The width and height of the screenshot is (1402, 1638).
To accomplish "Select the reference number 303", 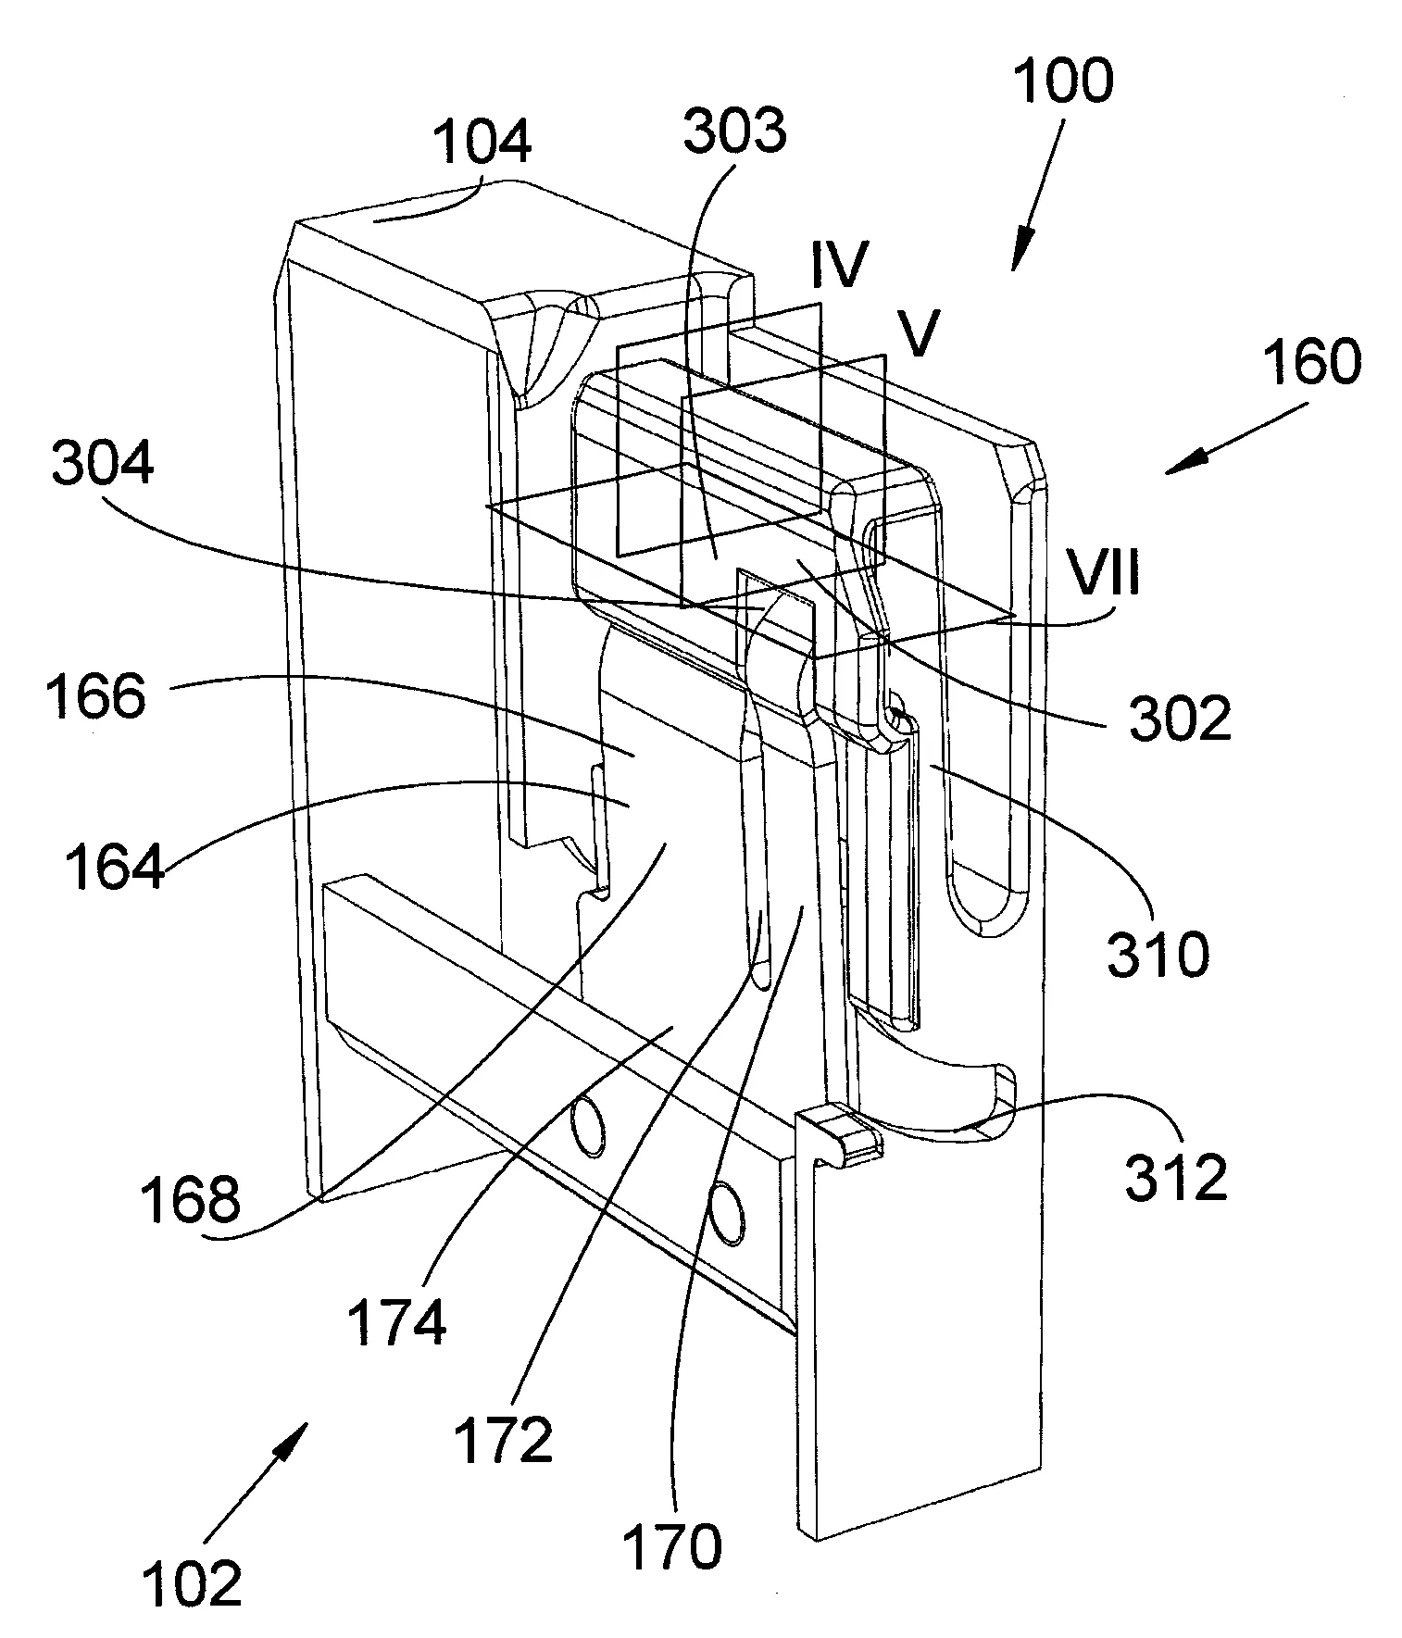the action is (735, 131).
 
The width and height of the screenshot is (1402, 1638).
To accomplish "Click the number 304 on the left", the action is (103, 463).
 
